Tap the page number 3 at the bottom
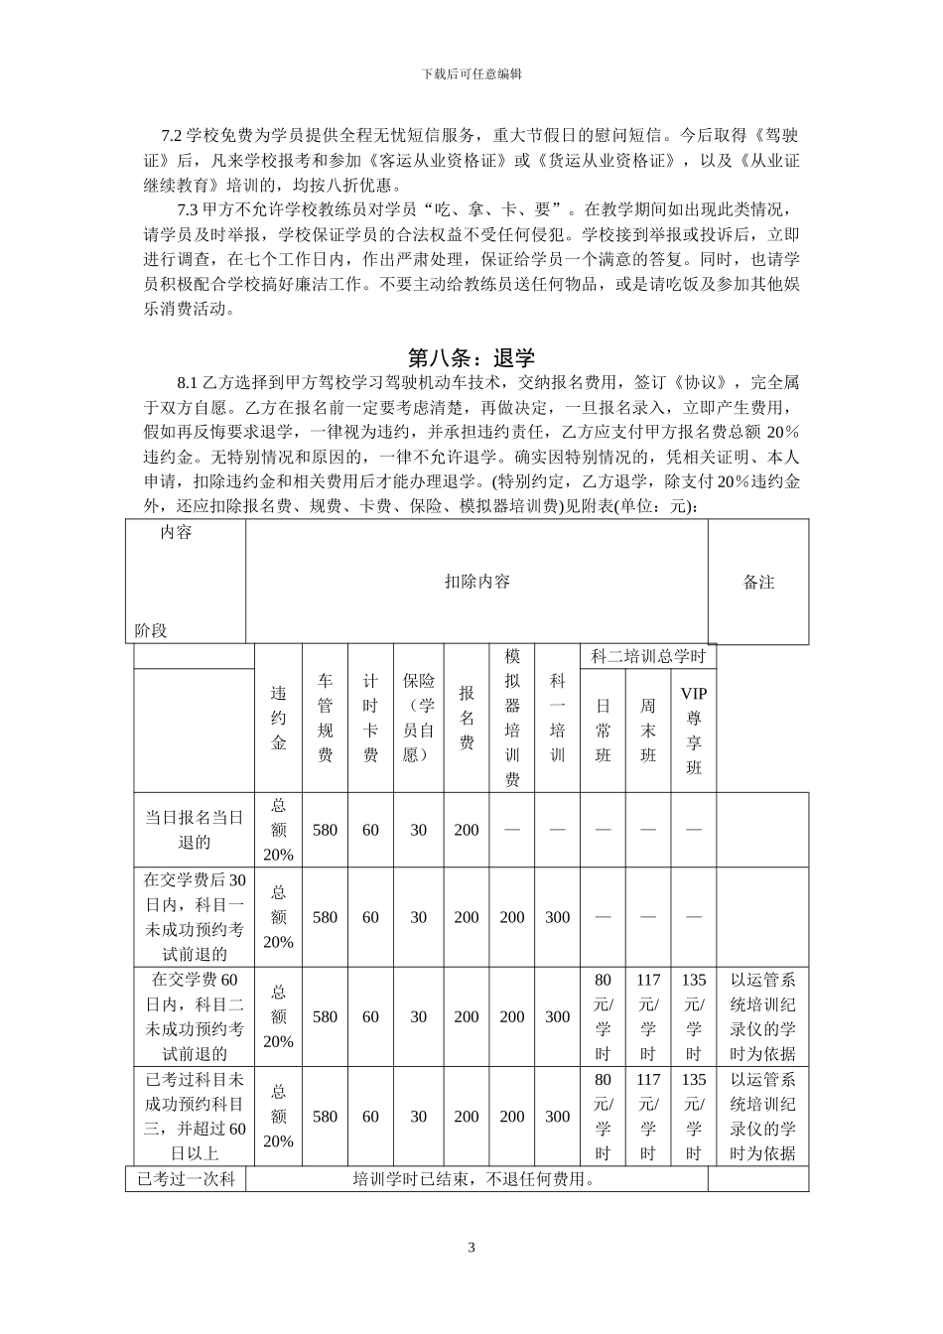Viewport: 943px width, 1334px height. coord(471,1248)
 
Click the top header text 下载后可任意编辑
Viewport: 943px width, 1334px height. coord(471,73)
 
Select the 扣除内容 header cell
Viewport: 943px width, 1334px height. coord(476,582)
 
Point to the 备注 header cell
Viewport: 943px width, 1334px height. coord(758,583)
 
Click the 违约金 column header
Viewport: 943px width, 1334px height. coord(279,718)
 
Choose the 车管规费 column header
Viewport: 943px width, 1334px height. coord(325,718)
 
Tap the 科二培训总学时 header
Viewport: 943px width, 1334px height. coord(647,656)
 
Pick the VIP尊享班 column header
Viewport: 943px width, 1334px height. coord(693,730)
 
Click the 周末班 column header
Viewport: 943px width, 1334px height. coord(648,730)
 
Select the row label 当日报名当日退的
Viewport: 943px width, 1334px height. coord(195,830)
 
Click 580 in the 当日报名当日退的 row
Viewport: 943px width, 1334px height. coord(325,830)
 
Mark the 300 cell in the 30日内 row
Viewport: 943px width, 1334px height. coord(558,917)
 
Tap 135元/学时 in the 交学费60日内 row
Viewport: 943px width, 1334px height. coord(693,1016)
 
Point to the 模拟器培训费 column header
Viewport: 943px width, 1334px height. coord(512,718)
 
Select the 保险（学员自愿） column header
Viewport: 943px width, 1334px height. coord(418,718)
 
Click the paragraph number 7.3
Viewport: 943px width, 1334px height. coord(188,210)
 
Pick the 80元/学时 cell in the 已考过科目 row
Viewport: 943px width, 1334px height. coord(603,1116)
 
